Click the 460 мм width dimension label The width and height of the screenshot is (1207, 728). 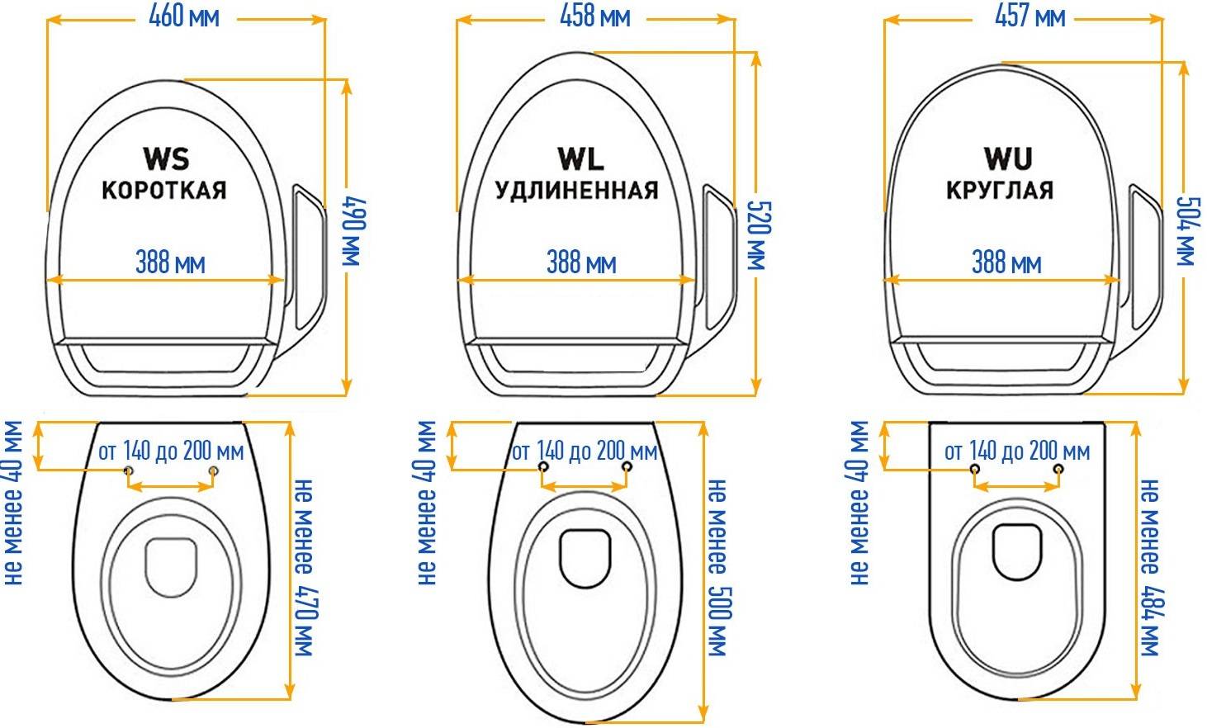coord(184,17)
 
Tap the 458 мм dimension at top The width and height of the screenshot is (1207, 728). coord(595,17)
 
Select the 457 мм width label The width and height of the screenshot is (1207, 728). coord(1030,17)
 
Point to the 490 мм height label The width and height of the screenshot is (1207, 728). coord(354,232)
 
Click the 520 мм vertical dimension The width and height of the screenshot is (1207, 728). coord(760,235)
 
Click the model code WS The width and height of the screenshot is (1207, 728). coord(167,159)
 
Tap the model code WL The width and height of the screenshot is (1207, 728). coord(580,159)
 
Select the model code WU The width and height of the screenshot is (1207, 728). coord(1008,159)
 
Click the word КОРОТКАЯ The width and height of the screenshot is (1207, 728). coord(164,190)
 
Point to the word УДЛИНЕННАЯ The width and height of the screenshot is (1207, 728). coord(576,191)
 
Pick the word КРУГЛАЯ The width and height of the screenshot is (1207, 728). coord(1000,190)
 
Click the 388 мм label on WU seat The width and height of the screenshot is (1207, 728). coord(1006,262)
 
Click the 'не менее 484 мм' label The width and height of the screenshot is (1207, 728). coord(1150,567)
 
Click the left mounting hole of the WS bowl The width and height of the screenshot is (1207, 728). coord(128,471)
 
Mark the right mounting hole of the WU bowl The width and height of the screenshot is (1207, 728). coord(1059,469)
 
